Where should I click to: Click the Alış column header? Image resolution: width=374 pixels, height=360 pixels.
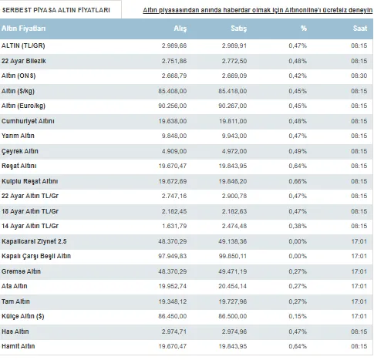click(180, 29)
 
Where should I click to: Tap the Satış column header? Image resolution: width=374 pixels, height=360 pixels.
click(238, 29)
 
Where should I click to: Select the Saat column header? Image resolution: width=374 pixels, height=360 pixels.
click(360, 29)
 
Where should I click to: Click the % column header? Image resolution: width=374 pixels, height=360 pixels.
click(304, 29)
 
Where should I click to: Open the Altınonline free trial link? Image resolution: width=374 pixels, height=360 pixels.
click(258, 10)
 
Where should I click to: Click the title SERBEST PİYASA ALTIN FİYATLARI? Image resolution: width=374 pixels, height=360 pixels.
click(56, 10)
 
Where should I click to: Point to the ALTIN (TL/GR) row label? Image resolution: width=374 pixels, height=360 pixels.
click(23, 45)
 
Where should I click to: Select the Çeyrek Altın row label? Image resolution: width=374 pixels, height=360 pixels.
click(20, 151)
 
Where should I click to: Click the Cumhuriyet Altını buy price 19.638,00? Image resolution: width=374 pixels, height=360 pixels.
click(173, 121)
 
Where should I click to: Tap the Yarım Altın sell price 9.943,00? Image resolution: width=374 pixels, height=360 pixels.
click(234, 136)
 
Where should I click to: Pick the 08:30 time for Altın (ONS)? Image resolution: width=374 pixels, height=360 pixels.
click(359, 76)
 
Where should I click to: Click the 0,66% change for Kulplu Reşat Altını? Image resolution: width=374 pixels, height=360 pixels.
click(298, 181)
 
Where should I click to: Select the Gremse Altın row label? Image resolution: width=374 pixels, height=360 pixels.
click(21, 271)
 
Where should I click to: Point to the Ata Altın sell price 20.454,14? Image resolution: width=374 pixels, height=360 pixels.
click(233, 286)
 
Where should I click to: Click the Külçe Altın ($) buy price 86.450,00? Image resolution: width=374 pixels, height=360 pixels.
click(173, 316)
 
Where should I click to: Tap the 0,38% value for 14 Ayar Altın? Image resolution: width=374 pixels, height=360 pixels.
click(298, 226)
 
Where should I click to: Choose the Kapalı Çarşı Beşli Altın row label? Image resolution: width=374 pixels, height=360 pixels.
click(36, 256)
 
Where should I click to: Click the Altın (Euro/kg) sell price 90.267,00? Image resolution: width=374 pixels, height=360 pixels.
click(233, 106)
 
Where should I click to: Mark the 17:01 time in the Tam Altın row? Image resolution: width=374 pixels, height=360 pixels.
click(359, 301)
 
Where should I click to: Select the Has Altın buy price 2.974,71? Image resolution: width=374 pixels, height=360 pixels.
click(174, 331)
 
